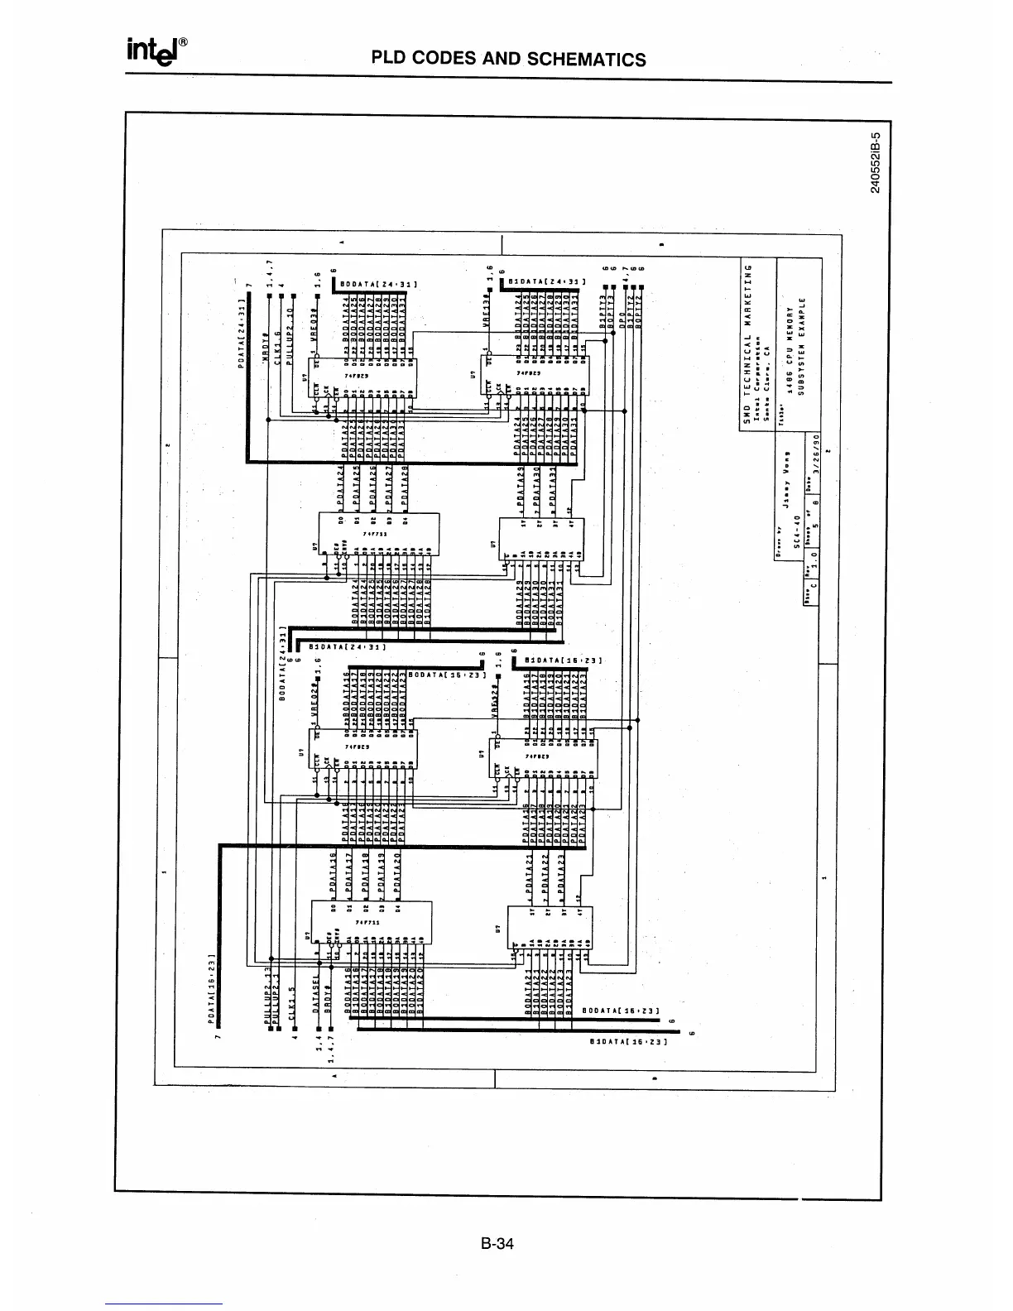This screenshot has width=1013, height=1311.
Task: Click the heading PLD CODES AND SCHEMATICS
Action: [x=508, y=59]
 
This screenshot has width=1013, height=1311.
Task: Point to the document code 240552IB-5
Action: [x=876, y=162]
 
